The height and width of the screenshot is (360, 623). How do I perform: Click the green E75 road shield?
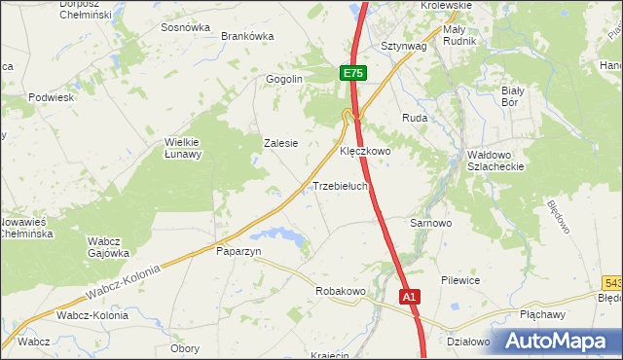click(x=353, y=73)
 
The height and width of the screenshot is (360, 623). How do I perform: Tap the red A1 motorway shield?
click(x=410, y=296)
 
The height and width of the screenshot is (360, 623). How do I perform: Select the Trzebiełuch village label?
click(x=340, y=186)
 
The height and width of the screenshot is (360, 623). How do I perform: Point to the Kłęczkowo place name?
click(x=364, y=152)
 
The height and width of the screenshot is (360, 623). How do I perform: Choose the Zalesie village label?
click(x=280, y=142)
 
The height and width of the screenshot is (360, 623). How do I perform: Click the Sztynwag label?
click(x=404, y=46)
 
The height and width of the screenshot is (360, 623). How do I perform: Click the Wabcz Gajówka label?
click(x=108, y=246)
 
